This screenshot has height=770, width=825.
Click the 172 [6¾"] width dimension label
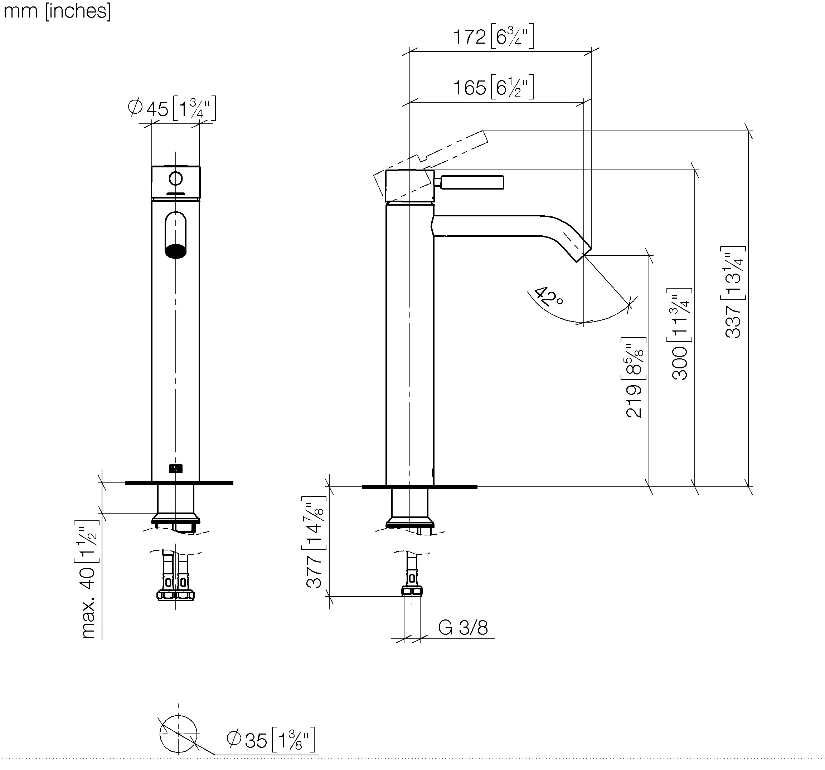tap(493, 36)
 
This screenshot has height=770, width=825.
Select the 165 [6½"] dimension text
tap(493, 87)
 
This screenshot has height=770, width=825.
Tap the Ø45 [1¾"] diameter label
tap(172, 109)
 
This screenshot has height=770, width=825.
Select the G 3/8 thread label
tap(463, 628)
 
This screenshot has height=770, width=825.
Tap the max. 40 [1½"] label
tap(88, 580)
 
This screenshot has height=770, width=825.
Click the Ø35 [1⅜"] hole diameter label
tap(271, 739)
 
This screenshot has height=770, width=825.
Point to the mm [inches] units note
tap(57, 11)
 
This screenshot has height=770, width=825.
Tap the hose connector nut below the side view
tap(412, 591)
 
